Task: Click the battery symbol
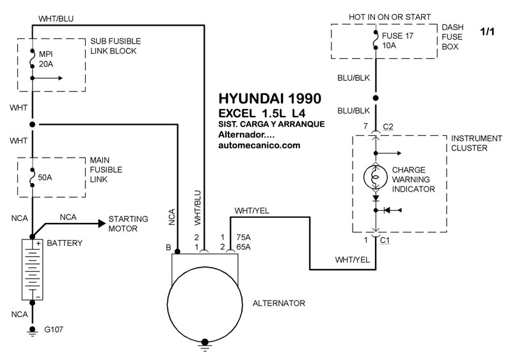33,270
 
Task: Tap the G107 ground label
54,329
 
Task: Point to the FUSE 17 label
397,36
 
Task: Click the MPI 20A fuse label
45,59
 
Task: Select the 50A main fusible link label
45,177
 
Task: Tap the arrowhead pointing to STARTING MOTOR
102,224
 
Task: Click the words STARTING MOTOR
128,224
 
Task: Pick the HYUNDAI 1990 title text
269,99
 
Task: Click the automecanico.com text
259,145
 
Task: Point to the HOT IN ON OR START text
390,17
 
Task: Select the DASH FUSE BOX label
452,37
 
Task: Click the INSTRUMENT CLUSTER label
476,143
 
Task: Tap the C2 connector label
388,127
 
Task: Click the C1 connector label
385,240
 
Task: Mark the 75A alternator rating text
244,237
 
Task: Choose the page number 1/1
487,31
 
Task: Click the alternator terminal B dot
177,252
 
